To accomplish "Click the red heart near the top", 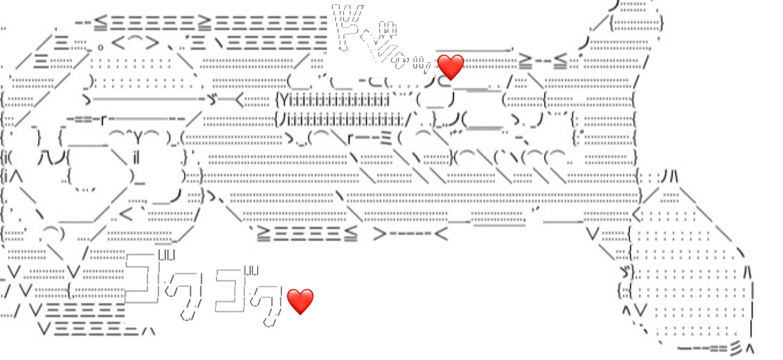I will tap(450, 67).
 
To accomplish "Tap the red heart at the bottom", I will tap(300, 301).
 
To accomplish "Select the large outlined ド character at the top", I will tap(346, 31).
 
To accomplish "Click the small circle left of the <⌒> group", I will tap(101, 48).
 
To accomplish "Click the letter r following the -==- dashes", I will tap(103, 120).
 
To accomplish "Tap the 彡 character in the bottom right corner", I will tap(736, 347).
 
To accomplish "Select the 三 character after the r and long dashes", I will tap(386, 139).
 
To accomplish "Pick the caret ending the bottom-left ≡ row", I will tap(149, 331).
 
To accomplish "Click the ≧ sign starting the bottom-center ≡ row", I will tap(263, 234).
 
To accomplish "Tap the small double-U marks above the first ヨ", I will tap(167, 256).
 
